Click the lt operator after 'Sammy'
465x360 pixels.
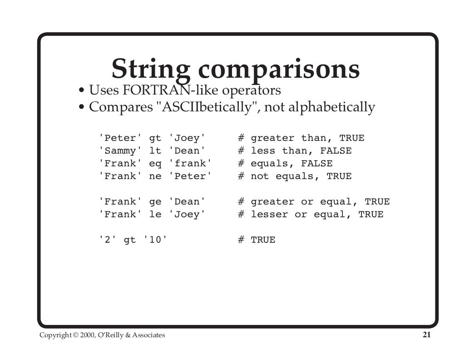pos(155,151)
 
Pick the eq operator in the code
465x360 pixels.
pos(155,164)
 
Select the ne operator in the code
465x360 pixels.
pos(155,176)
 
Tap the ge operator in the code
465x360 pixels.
pos(155,202)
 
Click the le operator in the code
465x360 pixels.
pos(155,215)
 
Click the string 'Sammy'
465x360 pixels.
pos(120,151)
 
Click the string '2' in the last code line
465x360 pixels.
pos(107,240)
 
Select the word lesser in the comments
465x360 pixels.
pos(269,215)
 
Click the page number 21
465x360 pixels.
pos(426,335)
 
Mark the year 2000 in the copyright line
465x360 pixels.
pos(86,335)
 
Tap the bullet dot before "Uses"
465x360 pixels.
pos(81,91)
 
